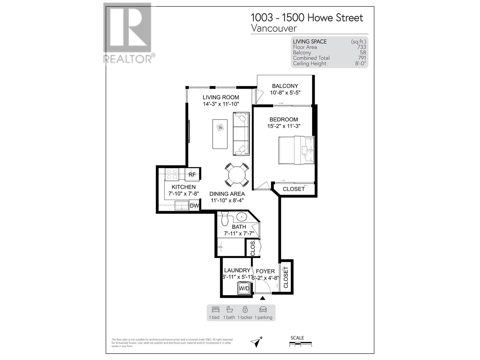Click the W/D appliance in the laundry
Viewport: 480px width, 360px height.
tap(244, 288)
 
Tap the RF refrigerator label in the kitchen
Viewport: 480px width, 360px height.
tap(192, 174)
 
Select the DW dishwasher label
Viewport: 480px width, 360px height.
tap(194, 206)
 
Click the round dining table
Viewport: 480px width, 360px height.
tap(237, 175)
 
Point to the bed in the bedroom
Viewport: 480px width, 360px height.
tap(296, 151)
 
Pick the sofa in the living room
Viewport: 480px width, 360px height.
tap(241, 134)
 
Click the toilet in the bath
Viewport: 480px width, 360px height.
tap(225, 219)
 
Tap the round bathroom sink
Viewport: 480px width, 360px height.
tap(241, 216)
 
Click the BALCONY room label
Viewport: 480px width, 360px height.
tap(285, 86)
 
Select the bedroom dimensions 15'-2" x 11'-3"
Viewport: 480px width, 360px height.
tap(284, 126)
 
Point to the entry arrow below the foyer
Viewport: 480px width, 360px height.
tap(262, 298)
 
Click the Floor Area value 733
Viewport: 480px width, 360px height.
tap(361, 47)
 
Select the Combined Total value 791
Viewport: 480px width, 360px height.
tap(362, 58)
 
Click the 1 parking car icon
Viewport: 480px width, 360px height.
tap(263, 309)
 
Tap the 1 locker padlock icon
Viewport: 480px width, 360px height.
tap(245, 309)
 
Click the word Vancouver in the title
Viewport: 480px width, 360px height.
tap(274, 28)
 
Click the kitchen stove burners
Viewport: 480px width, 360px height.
tap(172, 174)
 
